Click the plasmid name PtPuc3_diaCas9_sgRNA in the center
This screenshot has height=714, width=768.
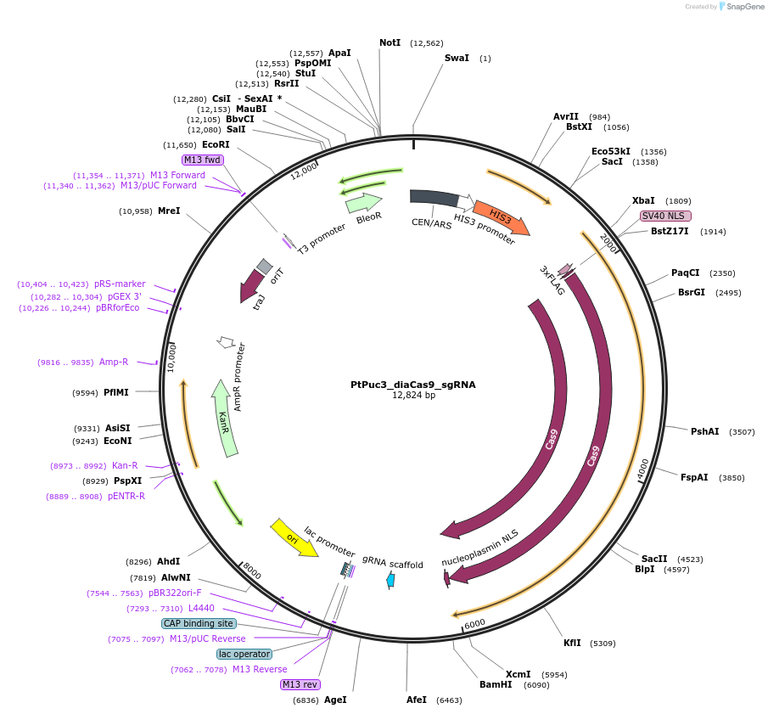pyautogui.click(x=412, y=385)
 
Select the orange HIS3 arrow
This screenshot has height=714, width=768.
pyautogui.click(x=501, y=216)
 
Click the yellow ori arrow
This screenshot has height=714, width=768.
pyautogui.click(x=294, y=537)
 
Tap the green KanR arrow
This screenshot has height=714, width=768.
pyautogui.click(x=224, y=420)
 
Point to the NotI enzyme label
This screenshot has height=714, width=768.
pyautogui.click(x=390, y=42)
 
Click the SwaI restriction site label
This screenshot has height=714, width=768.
pyautogui.click(x=457, y=59)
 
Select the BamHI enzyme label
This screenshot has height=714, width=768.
pyautogui.click(x=496, y=684)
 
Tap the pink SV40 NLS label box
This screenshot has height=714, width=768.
pyautogui.click(x=666, y=216)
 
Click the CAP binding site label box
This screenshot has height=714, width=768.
pyautogui.click(x=198, y=623)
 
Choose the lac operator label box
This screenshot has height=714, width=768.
pyautogui.click(x=244, y=654)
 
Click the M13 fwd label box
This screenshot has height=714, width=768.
pyautogui.click(x=202, y=160)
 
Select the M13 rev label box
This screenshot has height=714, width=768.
pyautogui.click(x=300, y=684)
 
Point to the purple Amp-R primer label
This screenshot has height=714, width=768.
pyautogui.click(x=114, y=362)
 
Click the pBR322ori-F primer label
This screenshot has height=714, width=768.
pyautogui.click(x=175, y=593)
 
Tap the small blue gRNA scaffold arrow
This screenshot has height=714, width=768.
pyautogui.click(x=390, y=580)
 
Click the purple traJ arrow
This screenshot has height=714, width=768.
pyautogui.click(x=252, y=286)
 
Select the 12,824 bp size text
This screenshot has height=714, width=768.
pyautogui.click(x=413, y=396)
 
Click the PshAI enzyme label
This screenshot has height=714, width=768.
pyautogui.click(x=704, y=431)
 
